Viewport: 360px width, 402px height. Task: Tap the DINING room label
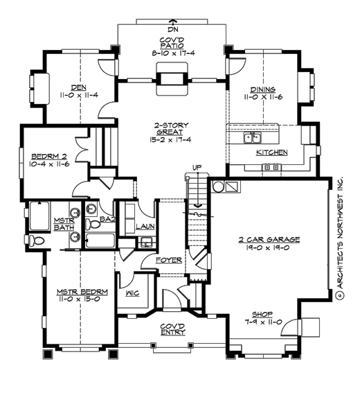(263, 89)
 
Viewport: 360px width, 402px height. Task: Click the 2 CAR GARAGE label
(270, 239)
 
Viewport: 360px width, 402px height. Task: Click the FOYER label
(170, 261)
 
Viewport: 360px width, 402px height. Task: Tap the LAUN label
(145, 227)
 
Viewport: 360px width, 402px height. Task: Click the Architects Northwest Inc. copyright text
(340, 236)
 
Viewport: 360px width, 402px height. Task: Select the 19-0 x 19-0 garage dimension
(270, 248)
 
